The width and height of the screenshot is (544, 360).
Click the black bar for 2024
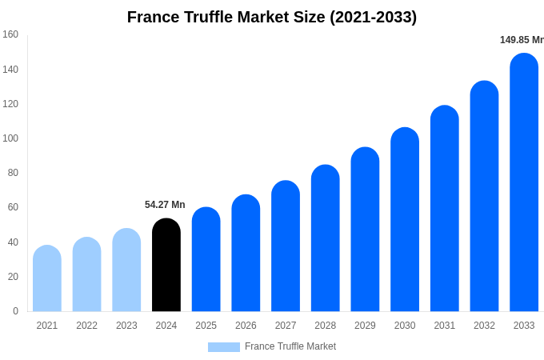(x=166, y=265)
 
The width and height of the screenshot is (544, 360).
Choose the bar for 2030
(x=405, y=219)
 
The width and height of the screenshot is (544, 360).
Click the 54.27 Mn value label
(x=165, y=205)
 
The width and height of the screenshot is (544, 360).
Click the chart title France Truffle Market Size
(x=272, y=17)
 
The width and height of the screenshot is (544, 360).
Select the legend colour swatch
(x=224, y=347)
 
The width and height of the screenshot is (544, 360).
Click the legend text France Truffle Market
(x=290, y=346)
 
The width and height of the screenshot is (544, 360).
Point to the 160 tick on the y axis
(x=10, y=34)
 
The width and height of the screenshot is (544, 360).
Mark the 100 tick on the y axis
(x=10, y=138)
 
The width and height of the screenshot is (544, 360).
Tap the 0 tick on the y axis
(x=15, y=311)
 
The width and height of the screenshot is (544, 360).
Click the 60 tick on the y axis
(x=13, y=207)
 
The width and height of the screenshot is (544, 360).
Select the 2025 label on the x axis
(x=206, y=326)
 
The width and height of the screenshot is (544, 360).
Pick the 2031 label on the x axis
(x=444, y=326)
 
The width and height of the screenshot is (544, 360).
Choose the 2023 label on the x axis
(x=126, y=326)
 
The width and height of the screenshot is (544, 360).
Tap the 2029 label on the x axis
(x=365, y=326)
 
